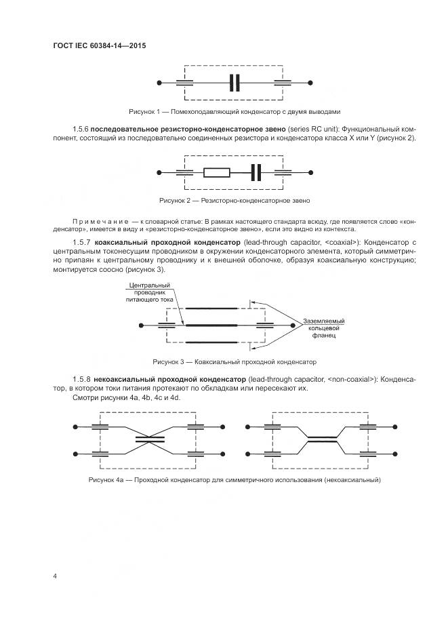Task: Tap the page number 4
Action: [54, 576]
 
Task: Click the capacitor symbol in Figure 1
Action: [235, 83]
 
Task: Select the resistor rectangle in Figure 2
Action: [217, 173]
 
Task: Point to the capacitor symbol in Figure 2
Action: [256, 173]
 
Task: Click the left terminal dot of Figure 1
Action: [159, 83]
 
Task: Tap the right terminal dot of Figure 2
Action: [310, 173]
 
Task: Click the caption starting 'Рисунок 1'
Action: [234, 111]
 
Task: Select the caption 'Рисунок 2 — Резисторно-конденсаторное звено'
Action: [235, 201]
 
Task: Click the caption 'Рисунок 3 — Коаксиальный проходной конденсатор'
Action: [235, 361]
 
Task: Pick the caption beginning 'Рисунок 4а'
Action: [235, 480]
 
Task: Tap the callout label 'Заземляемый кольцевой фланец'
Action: [324, 328]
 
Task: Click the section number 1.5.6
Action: [80, 129]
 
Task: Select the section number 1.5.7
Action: [80, 242]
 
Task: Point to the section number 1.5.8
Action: [80, 378]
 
